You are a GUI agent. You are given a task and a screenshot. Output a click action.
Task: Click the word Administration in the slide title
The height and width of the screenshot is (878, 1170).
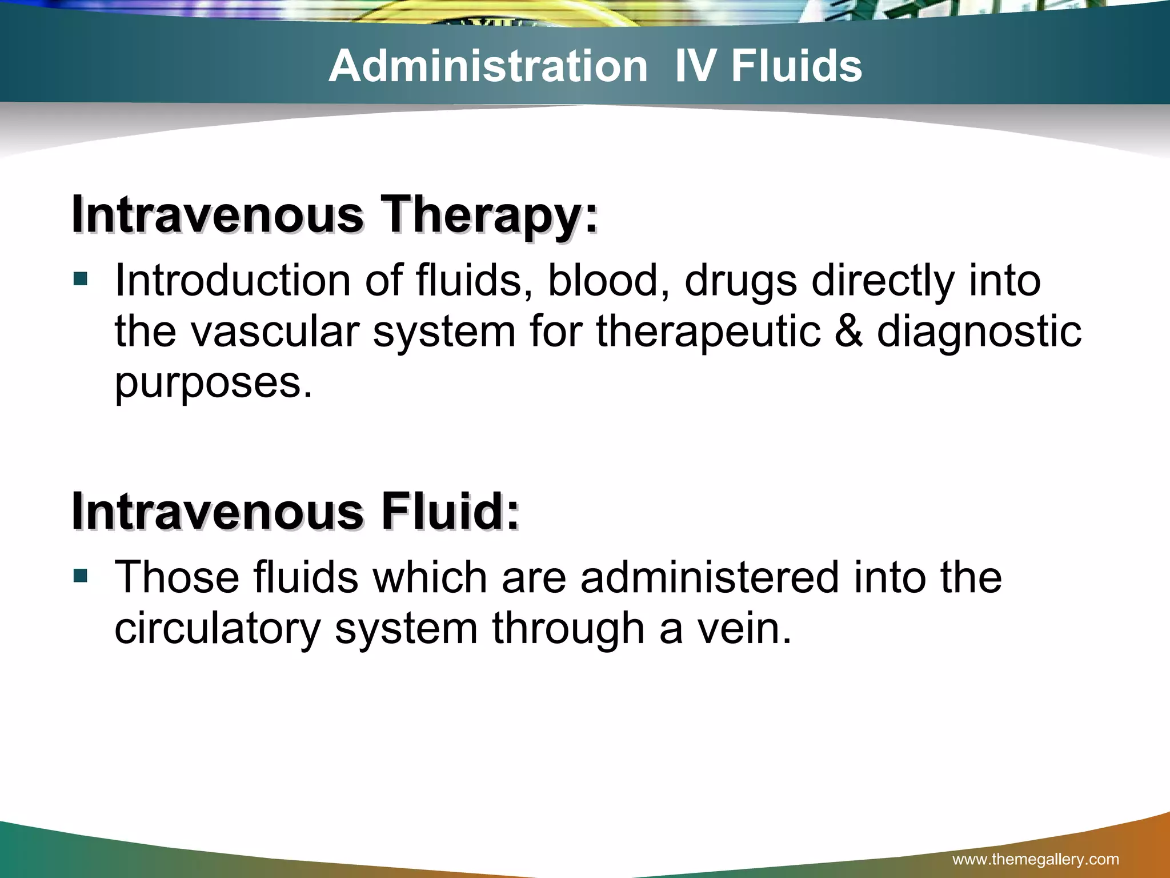(488, 66)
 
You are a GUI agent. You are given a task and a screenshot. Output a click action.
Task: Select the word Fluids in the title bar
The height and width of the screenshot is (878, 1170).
(796, 66)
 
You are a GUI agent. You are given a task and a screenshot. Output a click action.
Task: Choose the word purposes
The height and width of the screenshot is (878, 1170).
(214, 383)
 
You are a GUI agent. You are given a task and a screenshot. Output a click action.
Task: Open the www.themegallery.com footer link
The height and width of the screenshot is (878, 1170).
(1036, 859)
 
